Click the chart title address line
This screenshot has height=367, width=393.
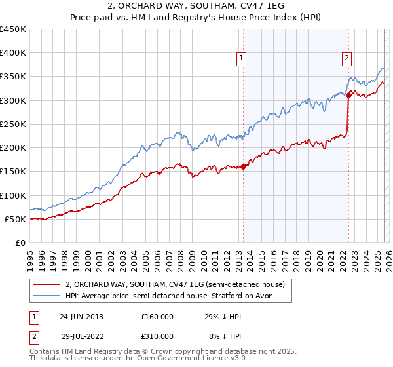196,6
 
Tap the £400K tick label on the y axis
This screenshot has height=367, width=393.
12,53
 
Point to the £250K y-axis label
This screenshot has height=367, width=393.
12,124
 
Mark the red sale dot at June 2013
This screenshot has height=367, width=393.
244,166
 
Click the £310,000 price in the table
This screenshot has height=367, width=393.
157,337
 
